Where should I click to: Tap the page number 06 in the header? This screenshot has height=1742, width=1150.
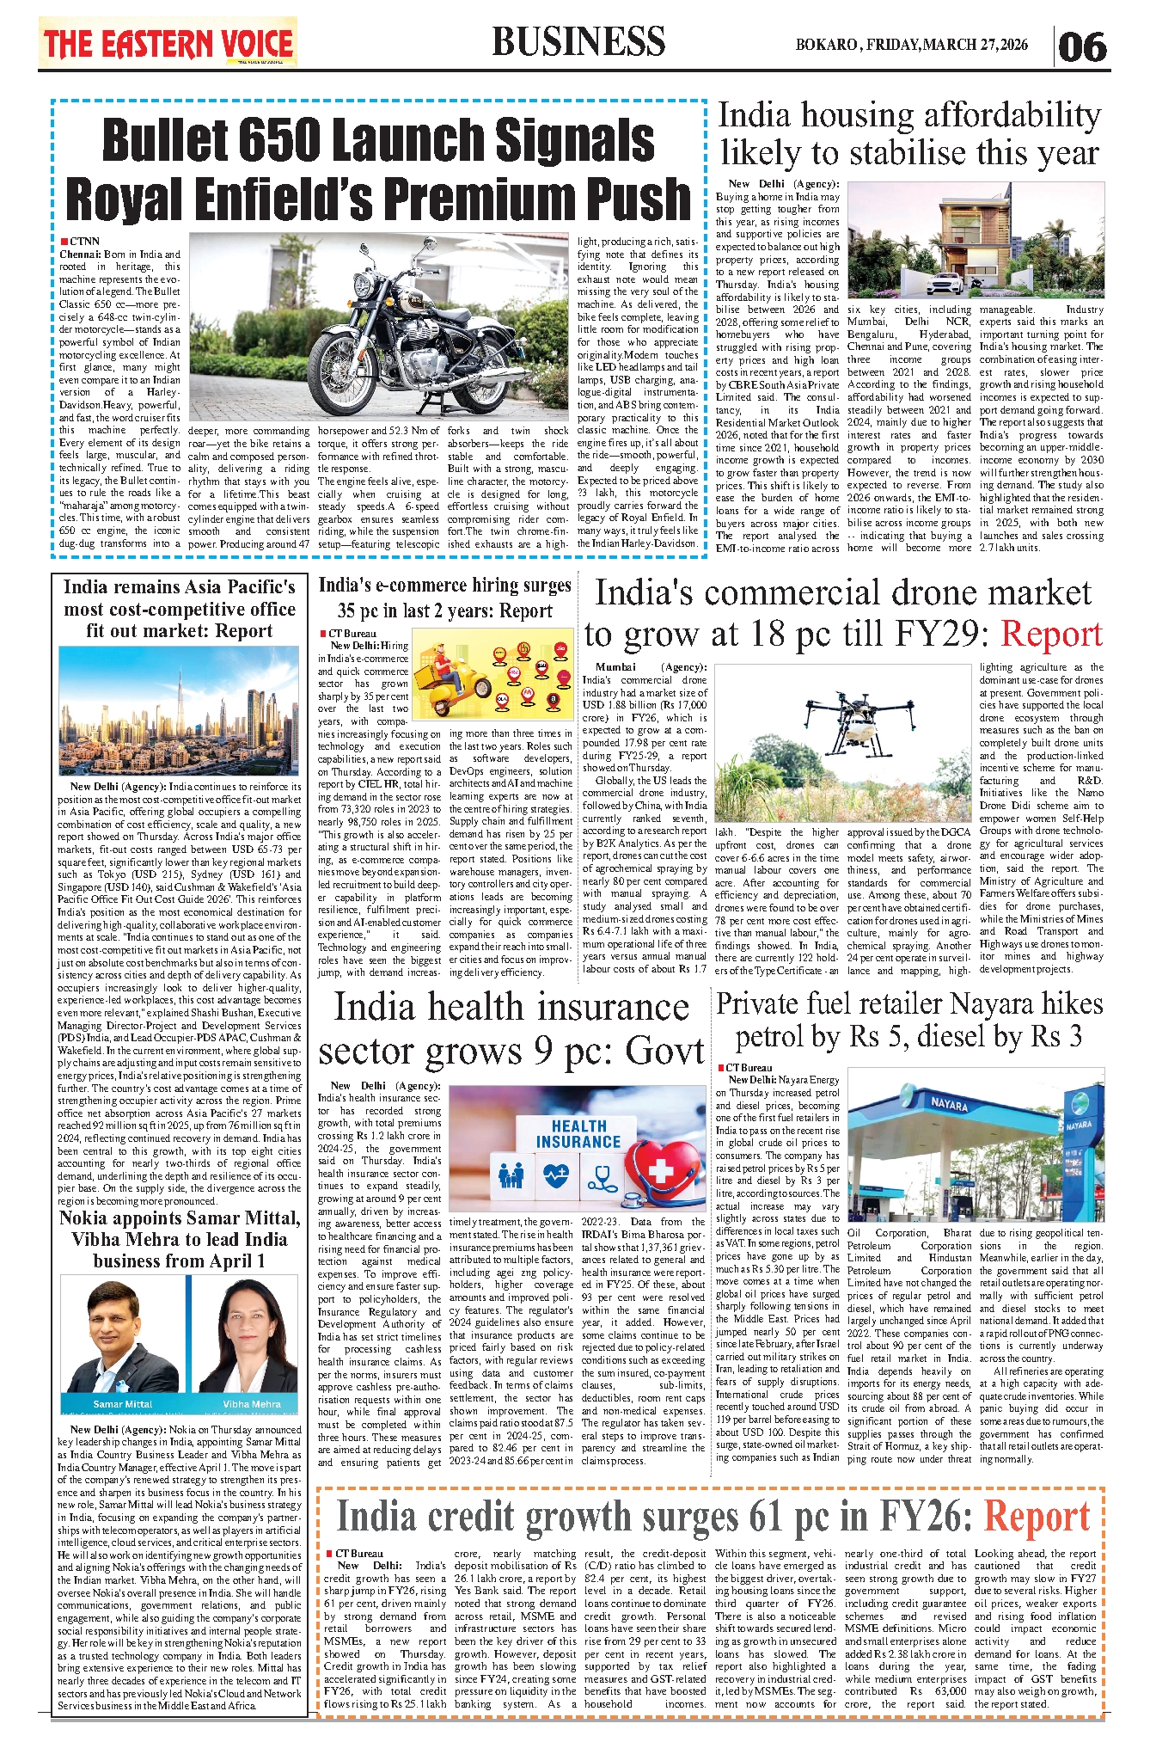click(1082, 46)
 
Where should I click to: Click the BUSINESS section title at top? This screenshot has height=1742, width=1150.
click(578, 42)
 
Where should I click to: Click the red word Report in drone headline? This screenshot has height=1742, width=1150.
click(1051, 635)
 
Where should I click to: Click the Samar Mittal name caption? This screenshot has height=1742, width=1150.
click(123, 1404)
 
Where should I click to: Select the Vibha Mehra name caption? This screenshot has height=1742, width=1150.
click(252, 1404)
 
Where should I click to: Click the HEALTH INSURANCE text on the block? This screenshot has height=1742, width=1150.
click(578, 1134)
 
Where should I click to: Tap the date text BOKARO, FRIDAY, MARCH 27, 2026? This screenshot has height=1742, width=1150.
click(911, 45)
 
